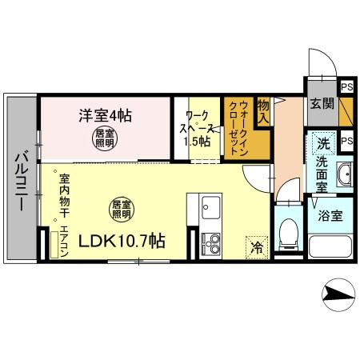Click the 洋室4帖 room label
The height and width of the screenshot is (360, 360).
tap(105, 116)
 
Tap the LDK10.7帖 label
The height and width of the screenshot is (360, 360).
tap(122, 241)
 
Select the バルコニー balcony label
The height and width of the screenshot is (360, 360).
tap(22, 181)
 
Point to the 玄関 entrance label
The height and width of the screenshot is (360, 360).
tap(322, 103)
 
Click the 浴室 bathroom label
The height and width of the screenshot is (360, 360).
tap(330, 216)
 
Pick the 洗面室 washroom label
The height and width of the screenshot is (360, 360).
tap(322, 174)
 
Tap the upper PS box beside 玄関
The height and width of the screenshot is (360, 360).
tap(347, 87)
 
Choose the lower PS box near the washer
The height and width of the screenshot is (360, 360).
tap(347, 141)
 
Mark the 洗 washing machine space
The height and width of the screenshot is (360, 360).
tap(324, 144)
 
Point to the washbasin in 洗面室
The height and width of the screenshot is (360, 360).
tap(345, 174)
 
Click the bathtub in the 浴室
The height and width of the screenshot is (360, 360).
tap(330, 246)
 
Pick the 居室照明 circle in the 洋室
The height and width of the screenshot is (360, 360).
tap(105, 138)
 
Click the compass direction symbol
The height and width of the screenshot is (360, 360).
tap(338, 295)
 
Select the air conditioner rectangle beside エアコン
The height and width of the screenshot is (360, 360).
tap(54, 245)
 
